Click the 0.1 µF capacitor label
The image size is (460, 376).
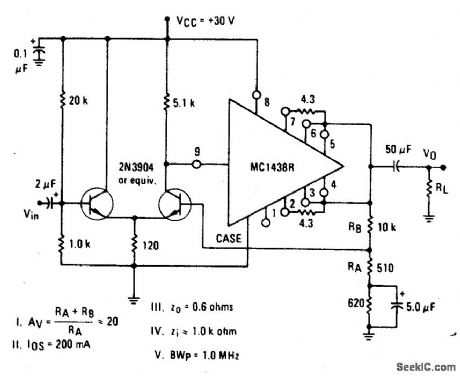pos(19,61)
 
